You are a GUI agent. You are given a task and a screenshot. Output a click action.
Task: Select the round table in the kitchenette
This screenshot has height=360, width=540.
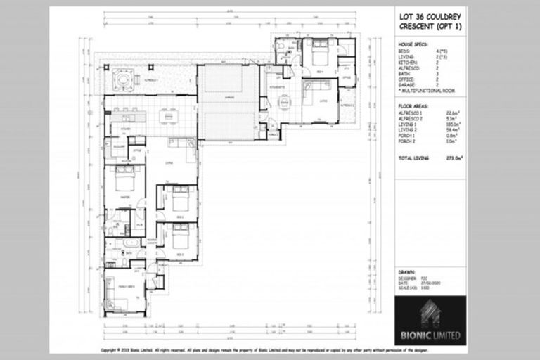point(284,103)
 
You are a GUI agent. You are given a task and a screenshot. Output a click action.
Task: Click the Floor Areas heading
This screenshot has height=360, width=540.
point(411,105)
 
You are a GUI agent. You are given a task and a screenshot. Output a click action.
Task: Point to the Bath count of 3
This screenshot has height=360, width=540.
point(437,73)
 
